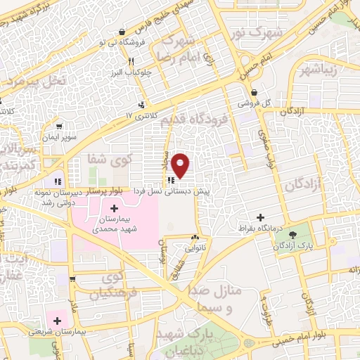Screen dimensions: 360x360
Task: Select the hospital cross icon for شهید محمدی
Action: point(115,209)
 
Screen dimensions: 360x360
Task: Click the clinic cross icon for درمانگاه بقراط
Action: point(261,218)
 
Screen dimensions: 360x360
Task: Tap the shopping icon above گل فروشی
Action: point(253,91)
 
